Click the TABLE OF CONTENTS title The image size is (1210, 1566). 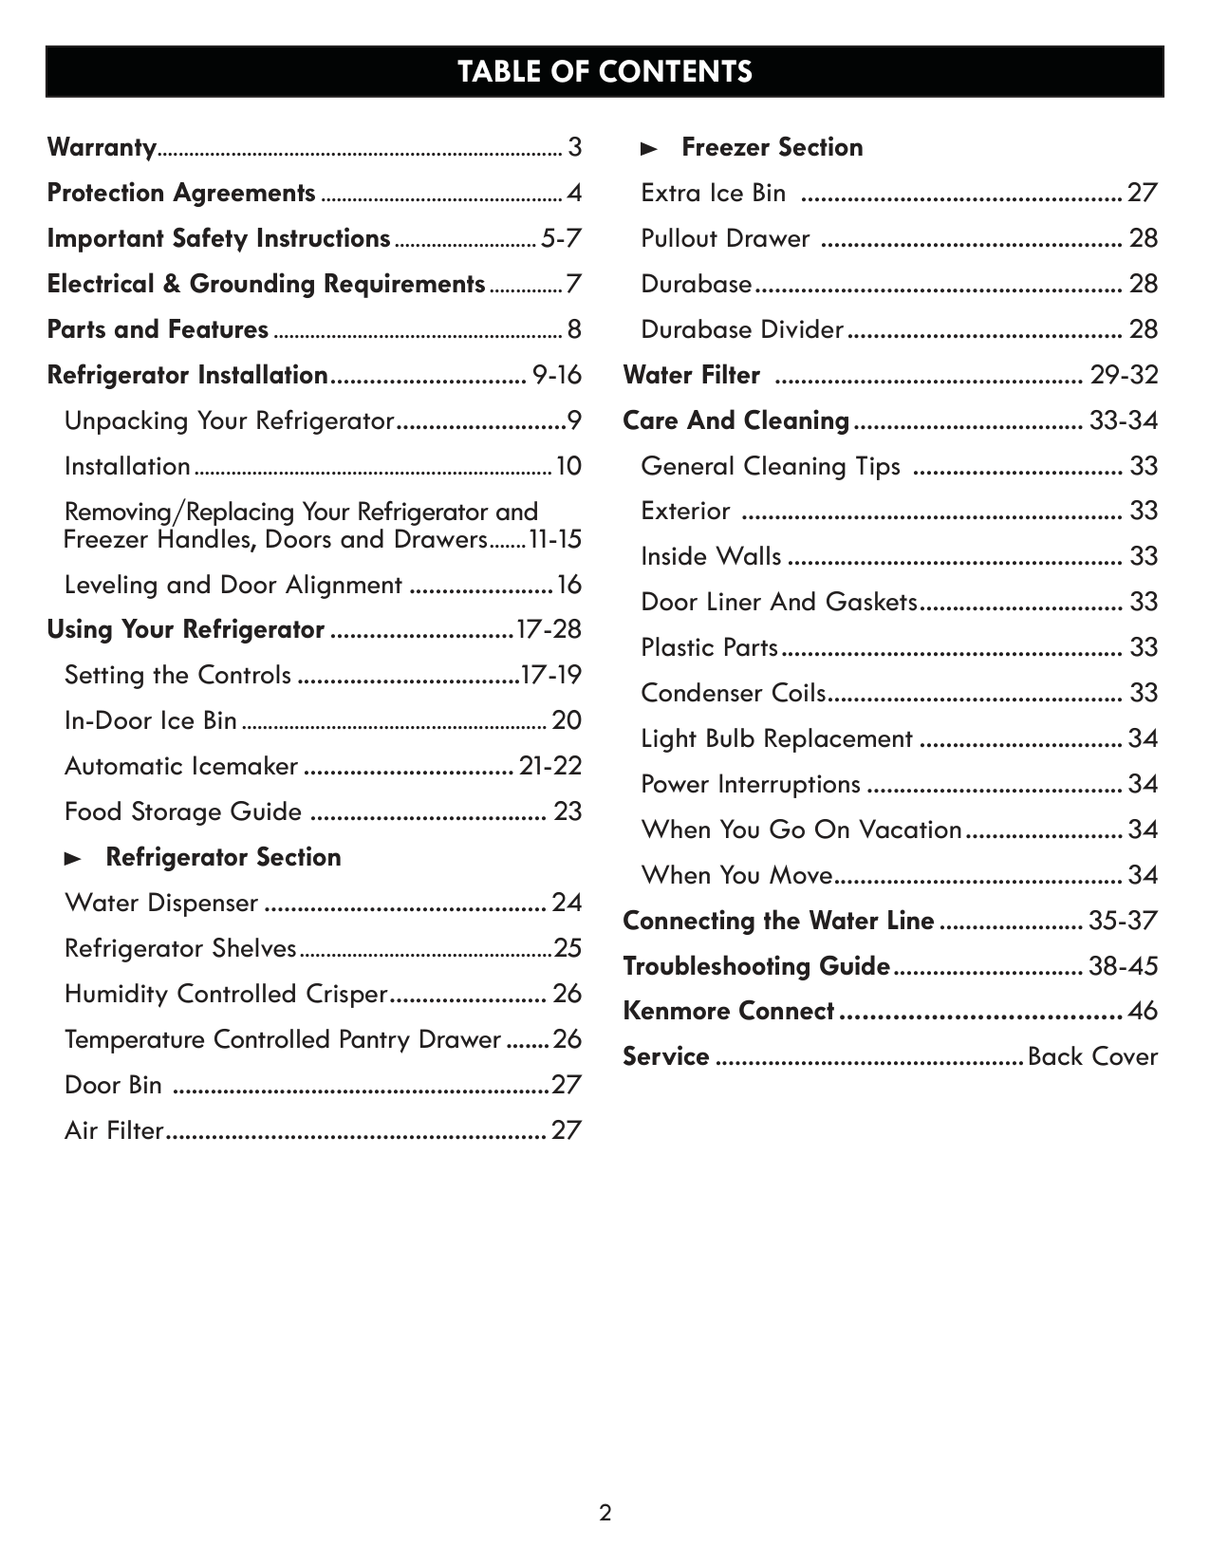(605, 72)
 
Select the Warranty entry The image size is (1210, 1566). (102, 147)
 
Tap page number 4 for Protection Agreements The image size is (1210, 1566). (574, 193)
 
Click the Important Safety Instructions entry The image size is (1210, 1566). (218, 238)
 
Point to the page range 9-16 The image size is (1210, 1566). (557, 375)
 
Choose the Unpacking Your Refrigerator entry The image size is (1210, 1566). (229, 420)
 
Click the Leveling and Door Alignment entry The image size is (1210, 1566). (233, 585)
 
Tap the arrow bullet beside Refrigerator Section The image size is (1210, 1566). (73, 858)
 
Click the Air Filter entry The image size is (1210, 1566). (114, 1130)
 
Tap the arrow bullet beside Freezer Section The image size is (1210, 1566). (649, 148)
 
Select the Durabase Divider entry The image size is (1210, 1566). (741, 329)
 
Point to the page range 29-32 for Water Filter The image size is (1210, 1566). (1124, 375)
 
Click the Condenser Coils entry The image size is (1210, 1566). (733, 693)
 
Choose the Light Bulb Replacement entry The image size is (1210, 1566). (776, 738)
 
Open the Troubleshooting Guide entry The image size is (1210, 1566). (756, 966)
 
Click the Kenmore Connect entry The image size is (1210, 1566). (728, 1011)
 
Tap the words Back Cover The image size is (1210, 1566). (1092, 1056)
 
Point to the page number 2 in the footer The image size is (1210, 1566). (605, 1512)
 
